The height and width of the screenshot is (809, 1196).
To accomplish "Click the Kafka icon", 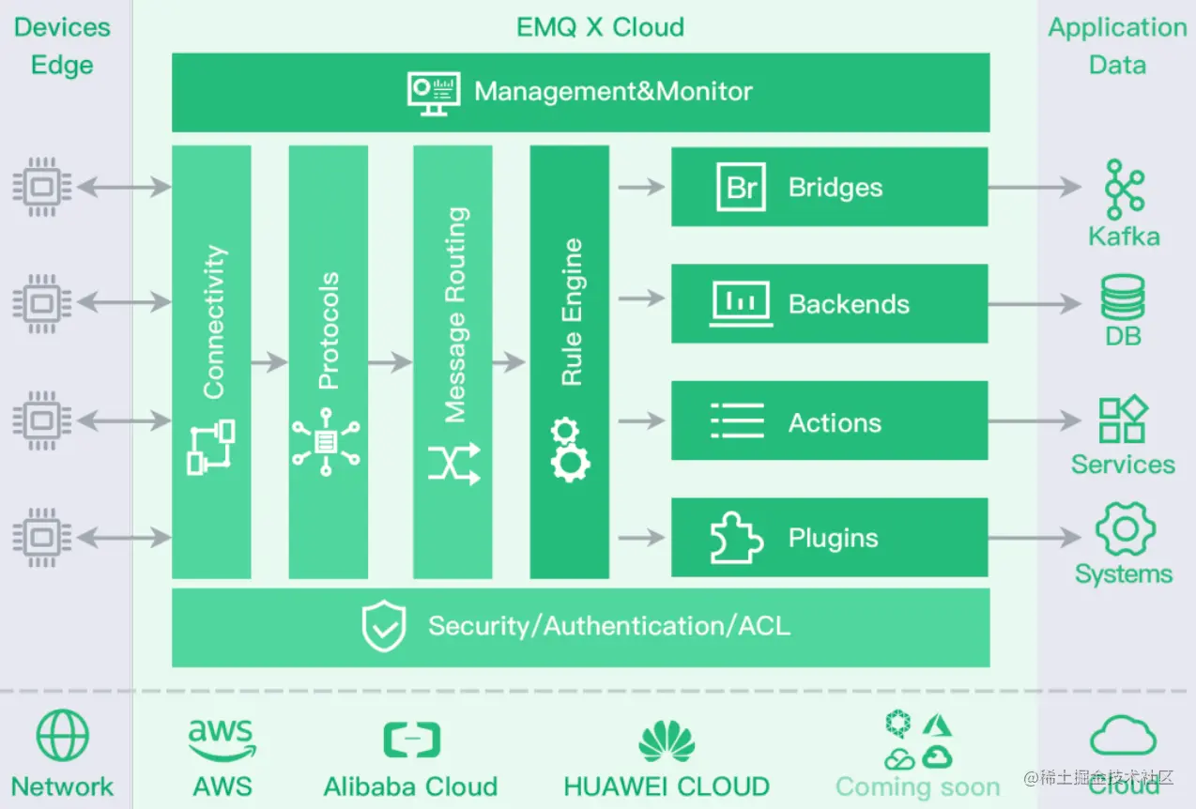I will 1124,189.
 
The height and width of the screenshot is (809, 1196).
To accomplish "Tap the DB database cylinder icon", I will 1123,298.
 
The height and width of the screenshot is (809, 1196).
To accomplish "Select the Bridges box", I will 829,187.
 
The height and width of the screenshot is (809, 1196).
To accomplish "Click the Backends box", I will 829,303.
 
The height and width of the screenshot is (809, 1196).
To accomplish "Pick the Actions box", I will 829,421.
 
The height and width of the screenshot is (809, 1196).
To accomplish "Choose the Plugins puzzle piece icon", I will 736,538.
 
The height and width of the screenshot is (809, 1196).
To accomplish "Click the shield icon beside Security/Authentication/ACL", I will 385,627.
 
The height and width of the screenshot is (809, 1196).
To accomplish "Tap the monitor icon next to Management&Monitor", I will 434,92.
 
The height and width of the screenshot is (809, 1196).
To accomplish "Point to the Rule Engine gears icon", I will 569,450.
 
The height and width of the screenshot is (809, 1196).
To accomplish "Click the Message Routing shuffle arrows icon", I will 453,463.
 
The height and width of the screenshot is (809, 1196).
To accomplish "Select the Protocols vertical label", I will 329,330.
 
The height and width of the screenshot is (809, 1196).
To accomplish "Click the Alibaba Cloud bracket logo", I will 411,740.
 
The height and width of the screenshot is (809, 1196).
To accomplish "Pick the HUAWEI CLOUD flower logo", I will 667,740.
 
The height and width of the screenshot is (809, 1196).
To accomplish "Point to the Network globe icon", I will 62,735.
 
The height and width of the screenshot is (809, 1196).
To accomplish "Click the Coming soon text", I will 917,786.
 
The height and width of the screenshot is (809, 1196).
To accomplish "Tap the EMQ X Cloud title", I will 600,26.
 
